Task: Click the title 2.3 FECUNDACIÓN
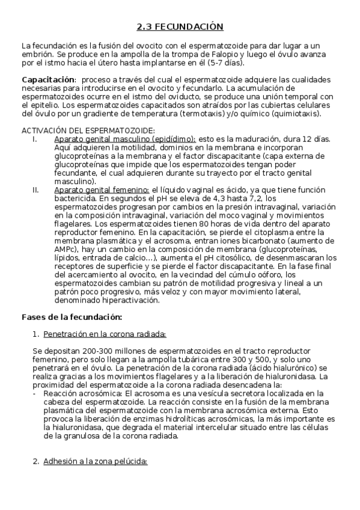[x=180, y=26]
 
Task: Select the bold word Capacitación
[x=48, y=80]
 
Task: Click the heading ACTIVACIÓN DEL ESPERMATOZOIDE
[x=88, y=131]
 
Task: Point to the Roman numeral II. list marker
[x=35, y=189]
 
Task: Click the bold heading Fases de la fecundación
[x=72, y=316]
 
